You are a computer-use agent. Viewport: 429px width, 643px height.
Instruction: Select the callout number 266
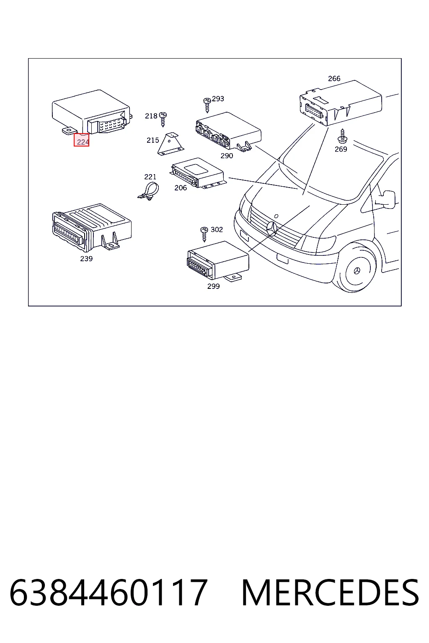[334, 78]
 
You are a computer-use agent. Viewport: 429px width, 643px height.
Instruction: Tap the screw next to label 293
[207, 105]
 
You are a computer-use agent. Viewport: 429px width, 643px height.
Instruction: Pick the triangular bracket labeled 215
[171, 144]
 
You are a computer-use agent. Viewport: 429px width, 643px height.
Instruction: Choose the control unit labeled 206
[198, 173]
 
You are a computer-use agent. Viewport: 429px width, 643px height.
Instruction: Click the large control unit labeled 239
[92, 227]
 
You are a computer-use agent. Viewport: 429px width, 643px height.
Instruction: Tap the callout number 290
[227, 156]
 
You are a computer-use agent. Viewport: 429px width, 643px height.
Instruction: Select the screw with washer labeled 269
[342, 136]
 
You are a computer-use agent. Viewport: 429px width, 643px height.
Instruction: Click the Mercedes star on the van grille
[271, 229]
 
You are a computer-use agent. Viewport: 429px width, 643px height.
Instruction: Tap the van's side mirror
[388, 199]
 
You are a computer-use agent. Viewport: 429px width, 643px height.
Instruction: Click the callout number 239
[86, 259]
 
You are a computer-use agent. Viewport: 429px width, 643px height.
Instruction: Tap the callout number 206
[181, 188]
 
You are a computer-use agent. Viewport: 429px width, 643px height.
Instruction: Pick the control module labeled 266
[341, 103]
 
